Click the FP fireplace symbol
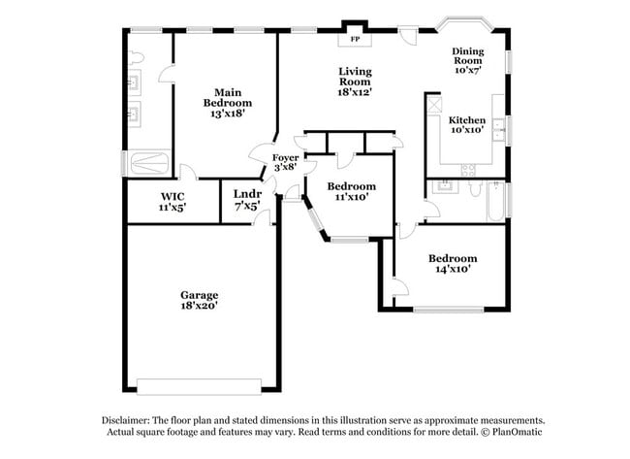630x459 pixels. pyautogui.click(x=353, y=40)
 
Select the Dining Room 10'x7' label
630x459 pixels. pyautogui.click(x=467, y=60)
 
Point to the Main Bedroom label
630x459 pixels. pyautogui.click(x=227, y=102)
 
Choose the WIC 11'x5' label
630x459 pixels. pyautogui.click(x=173, y=201)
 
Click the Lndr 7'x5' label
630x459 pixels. pyautogui.click(x=246, y=200)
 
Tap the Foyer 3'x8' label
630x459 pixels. pyautogui.click(x=285, y=162)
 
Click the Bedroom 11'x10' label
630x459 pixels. pyautogui.click(x=350, y=191)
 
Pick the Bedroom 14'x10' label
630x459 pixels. pyautogui.click(x=454, y=263)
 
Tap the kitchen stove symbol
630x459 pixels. pyautogui.click(x=467, y=169)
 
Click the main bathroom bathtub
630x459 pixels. pyautogui.click(x=149, y=160)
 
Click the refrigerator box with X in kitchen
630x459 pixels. pyautogui.click(x=434, y=103)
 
